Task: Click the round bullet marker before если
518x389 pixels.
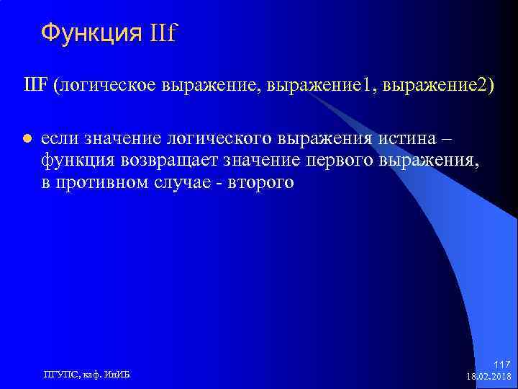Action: tap(26, 138)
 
